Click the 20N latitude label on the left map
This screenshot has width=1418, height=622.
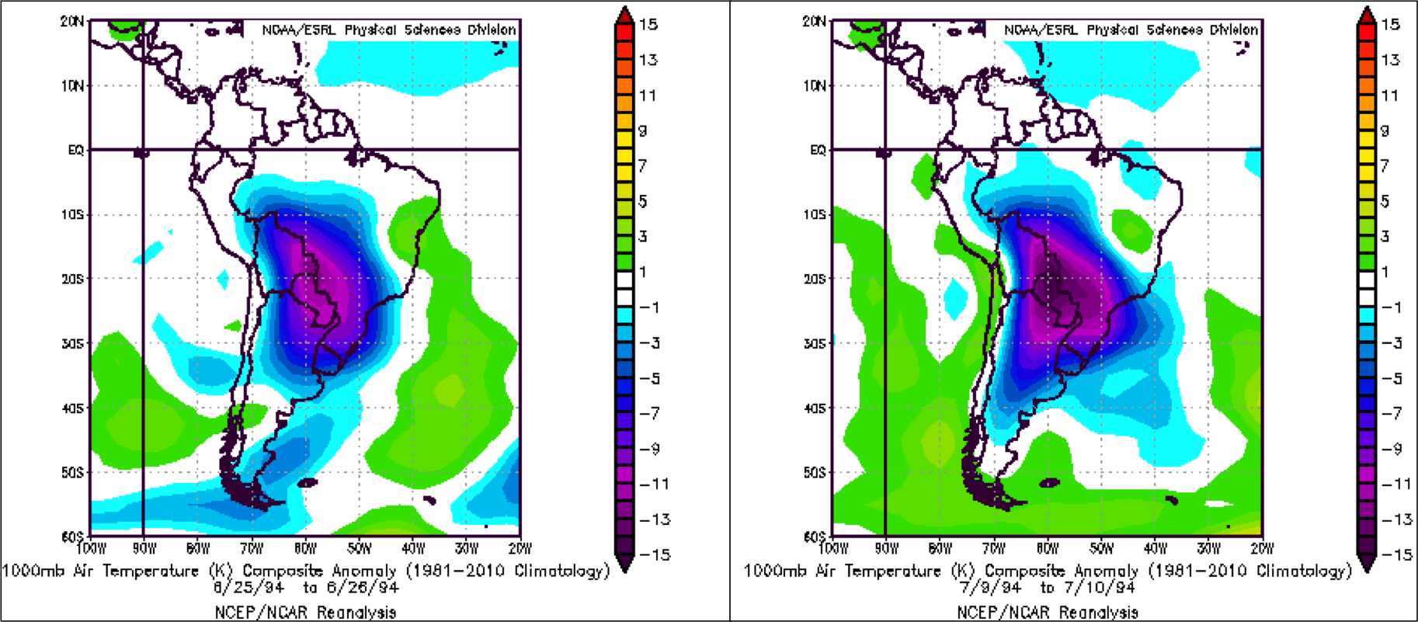pos(72,22)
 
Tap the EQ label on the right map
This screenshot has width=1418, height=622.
pos(818,150)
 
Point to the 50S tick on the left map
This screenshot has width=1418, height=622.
pos(72,472)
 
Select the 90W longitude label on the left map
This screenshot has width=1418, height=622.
pos(144,548)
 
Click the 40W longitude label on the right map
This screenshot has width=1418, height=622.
pos(1156,548)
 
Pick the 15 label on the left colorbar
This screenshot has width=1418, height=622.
pos(648,25)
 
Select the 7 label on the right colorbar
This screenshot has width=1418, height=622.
pos(1384,165)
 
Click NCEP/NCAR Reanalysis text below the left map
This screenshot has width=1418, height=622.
pos(306,612)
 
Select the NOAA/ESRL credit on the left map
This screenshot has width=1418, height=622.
pos(299,30)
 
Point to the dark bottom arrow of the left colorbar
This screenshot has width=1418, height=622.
pos(624,564)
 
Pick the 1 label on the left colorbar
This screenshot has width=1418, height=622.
pos(643,272)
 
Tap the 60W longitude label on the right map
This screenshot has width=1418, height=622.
pos(940,548)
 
